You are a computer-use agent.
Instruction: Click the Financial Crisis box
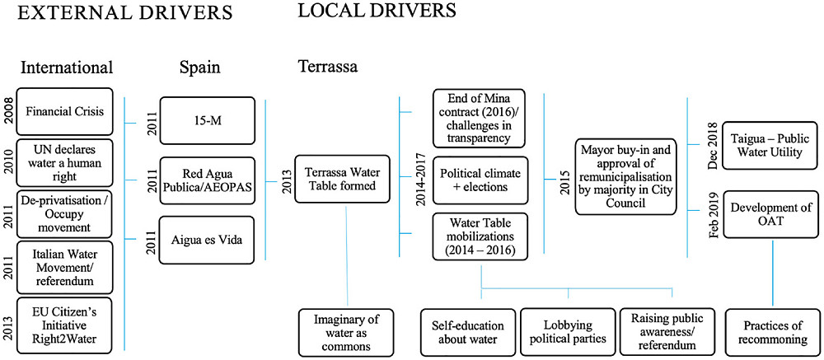pos(64,112)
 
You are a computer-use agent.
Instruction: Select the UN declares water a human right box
pos(64,164)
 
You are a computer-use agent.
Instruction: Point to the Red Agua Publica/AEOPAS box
pos(206,180)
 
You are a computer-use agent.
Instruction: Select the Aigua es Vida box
pos(206,239)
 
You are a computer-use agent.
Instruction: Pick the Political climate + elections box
pos(479,180)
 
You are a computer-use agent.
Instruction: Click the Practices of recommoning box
pos(771,332)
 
